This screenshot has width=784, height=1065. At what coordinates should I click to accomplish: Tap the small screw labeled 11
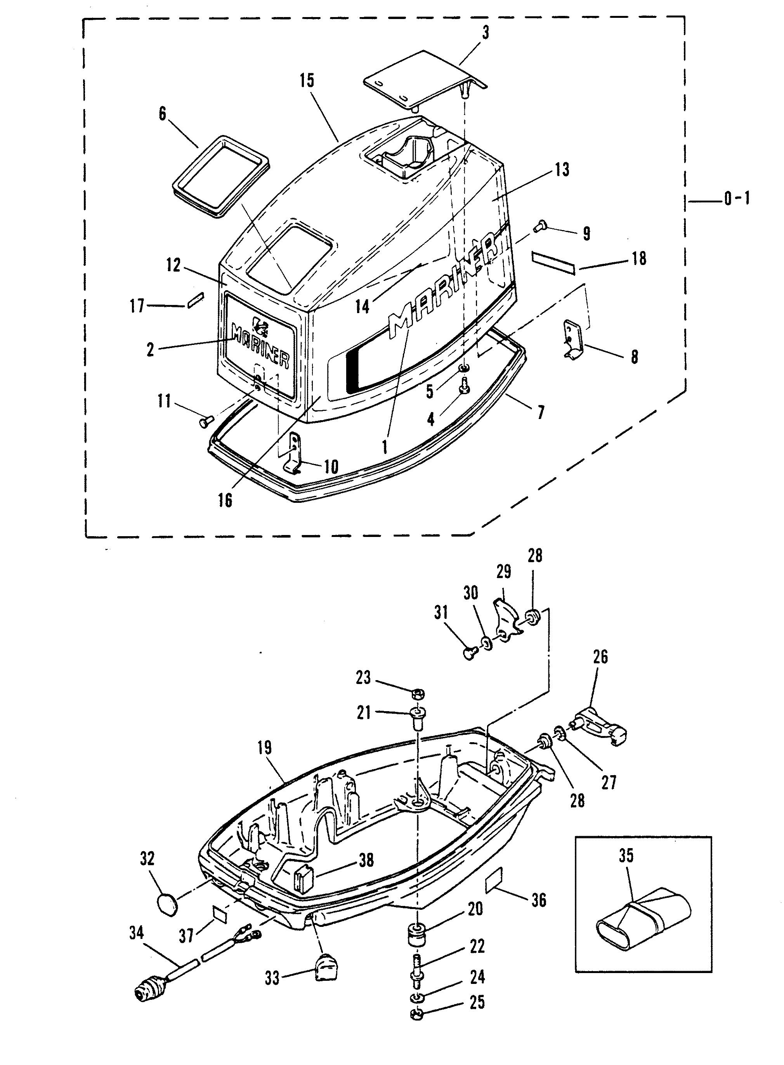(206, 420)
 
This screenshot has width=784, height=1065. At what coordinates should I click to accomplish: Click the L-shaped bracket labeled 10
(295, 452)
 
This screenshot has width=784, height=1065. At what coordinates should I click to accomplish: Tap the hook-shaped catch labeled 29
(506, 620)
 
